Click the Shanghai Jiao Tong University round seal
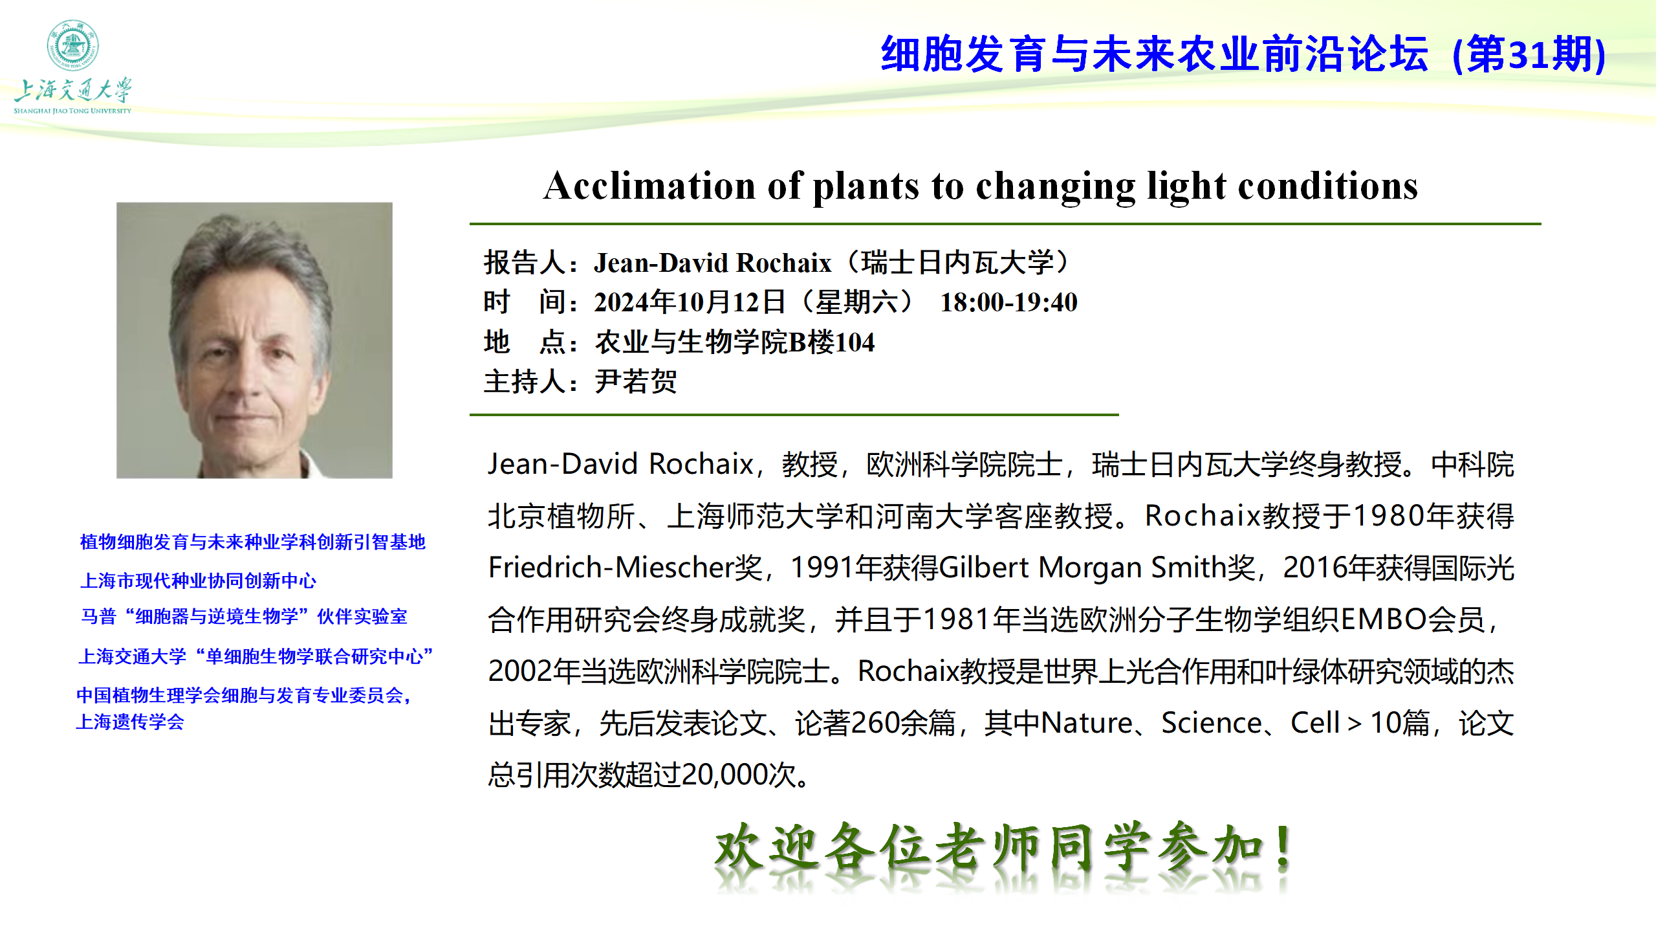(x=72, y=45)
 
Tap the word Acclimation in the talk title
(x=649, y=186)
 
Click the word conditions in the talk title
(x=1327, y=186)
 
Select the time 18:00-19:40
(x=1008, y=302)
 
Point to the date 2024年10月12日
(x=690, y=302)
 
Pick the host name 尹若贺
(x=636, y=381)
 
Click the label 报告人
(x=525, y=263)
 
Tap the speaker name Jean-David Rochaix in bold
(x=712, y=263)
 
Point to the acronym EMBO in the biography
(x=1384, y=619)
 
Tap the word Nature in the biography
(x=1087, y=723)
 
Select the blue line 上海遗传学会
(x=130, y=722)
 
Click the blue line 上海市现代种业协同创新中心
(x=198, y=581)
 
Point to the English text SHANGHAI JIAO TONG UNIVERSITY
(x=72, y=111)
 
